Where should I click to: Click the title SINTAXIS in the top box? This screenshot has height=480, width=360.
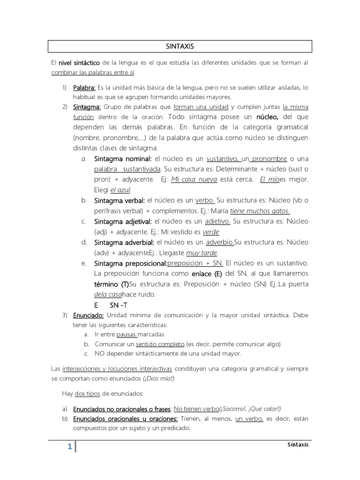point(180,46)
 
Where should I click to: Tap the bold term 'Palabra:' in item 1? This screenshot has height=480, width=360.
point(84,88)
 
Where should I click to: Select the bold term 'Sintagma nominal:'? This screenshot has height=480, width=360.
point(123,158)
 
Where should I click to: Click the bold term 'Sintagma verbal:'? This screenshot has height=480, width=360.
point(119,200)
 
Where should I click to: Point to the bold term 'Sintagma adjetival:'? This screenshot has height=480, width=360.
point(122,221)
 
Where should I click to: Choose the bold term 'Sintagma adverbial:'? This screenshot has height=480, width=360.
point(124,242)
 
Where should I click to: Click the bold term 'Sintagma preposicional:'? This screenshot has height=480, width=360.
point(130,263)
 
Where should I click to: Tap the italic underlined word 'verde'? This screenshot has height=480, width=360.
point(210,232)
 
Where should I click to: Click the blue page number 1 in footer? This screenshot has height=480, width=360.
point(69,447)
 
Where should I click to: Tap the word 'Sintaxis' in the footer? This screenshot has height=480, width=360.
point(298,444)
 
